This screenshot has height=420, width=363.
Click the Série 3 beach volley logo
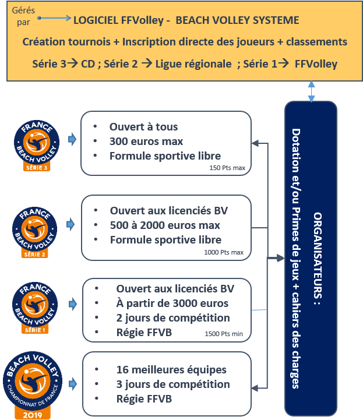[37, 146]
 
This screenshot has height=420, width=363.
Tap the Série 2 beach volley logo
[34, 232]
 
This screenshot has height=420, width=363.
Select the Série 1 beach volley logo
[35, 308]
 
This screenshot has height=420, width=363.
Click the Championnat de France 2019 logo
[33, 385]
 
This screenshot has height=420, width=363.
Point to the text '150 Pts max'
[227, 168]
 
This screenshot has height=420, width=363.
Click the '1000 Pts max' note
[224, 252]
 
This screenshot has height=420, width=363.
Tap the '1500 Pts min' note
[224, 334]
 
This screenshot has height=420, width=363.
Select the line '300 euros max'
[146, 142]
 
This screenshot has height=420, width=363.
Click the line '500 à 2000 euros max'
[165, 225]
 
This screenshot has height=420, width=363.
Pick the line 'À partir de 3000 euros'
[172, 303]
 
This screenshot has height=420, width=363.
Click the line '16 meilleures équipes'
[171, 370]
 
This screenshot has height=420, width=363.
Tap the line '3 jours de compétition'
[173, 384]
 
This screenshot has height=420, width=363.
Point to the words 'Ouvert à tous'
[143, 127]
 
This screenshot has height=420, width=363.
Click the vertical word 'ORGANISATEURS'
[318, 256]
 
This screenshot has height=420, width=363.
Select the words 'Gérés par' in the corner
[23, 16]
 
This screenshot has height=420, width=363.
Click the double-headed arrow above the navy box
[311, 91]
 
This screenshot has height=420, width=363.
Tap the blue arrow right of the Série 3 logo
[72, 139]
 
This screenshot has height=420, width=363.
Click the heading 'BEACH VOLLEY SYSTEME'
[237, 20]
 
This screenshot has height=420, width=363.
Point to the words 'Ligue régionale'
[193, 64]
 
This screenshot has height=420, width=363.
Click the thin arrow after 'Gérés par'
[54, 18]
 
